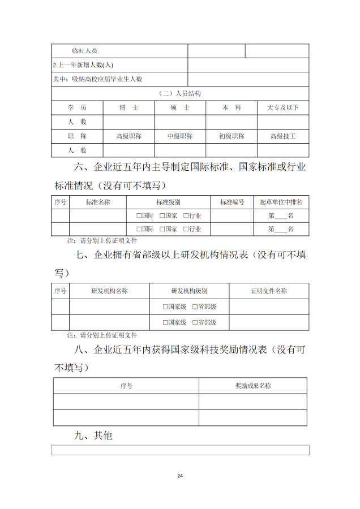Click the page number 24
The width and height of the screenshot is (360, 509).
(x=180, y=475)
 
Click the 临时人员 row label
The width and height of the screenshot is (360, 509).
(x=85, y=51)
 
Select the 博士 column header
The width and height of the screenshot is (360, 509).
(x=128, y=107)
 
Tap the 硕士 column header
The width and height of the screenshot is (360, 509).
(x=179, y=107)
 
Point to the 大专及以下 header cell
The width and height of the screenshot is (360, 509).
(x=283, y=107)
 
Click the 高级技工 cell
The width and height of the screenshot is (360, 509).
(x=283, y=136)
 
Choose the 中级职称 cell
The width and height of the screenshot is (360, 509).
(x=179, y=136)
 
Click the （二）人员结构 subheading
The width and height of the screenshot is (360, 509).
(x=179, y=93)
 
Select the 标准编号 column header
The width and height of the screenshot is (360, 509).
(x=232, y=202)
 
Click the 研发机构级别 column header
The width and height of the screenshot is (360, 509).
(x=189, y=291)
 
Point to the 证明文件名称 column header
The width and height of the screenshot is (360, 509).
(x=269, y=291)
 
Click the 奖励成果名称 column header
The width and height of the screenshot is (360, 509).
(x=253, y=386)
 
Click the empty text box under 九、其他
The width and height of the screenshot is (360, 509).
(x=180, y=450)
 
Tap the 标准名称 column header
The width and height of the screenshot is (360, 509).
(x=98, y=202)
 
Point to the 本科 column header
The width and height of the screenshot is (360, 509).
(x=231, y=107)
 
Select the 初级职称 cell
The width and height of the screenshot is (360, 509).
(x=231, y=136)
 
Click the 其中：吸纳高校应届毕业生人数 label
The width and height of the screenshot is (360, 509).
(x=97, y=79)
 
